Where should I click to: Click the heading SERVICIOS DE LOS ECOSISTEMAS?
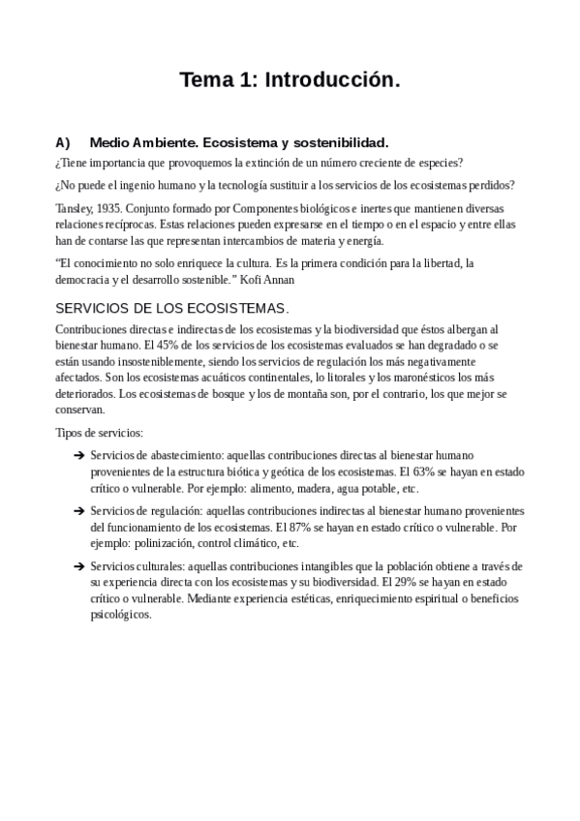[172, 309]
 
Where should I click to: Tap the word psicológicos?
[121, 615]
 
